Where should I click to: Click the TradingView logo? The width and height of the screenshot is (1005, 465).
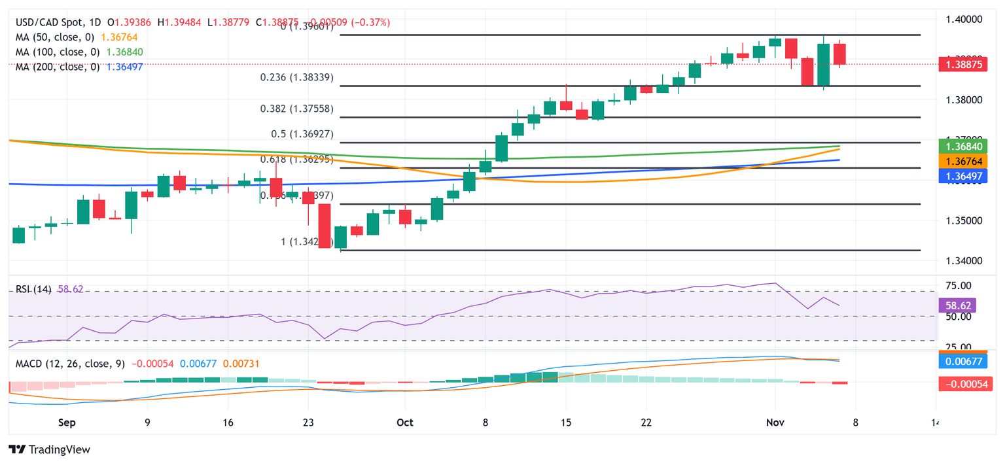49,450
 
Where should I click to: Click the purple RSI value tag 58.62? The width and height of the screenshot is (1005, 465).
957,305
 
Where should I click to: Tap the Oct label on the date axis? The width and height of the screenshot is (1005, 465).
404,422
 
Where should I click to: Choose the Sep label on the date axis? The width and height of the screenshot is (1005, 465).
67,422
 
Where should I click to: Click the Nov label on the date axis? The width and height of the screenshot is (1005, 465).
775,422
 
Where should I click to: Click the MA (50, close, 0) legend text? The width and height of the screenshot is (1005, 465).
58,37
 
